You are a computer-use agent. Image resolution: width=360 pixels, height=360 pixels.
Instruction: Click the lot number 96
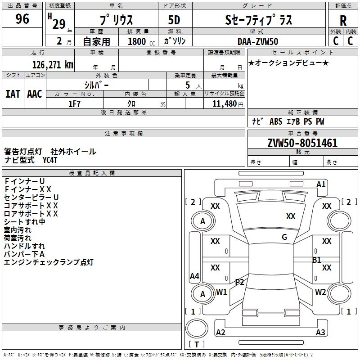click(x=22, y=19)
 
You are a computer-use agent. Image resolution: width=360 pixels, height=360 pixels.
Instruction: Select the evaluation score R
click(x=343, y=21)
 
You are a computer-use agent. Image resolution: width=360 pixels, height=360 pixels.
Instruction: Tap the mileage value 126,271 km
click(x=53, y=65)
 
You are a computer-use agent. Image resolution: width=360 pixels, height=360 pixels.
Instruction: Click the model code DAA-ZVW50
click(x=258, y=41)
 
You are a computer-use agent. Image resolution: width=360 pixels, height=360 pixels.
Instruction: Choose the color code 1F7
click(x=74, y=103)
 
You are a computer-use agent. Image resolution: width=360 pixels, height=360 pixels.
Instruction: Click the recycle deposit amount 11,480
click(x=224, y=104)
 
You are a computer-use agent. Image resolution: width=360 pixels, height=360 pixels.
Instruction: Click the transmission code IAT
click(x=13, y=94)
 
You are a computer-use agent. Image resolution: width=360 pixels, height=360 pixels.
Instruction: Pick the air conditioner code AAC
click(x=34, y=94)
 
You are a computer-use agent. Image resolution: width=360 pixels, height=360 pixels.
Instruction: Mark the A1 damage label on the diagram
click(x=321, y=184)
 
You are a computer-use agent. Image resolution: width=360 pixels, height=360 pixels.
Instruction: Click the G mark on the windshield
click(x=284, y=237)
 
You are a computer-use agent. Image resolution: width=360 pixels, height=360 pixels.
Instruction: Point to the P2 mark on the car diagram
click(x=239, y=282)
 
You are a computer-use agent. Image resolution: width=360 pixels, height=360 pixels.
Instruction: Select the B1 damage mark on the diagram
click(x=317, y=260)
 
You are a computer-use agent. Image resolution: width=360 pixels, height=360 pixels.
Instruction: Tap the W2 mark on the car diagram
click(x=320, y=292)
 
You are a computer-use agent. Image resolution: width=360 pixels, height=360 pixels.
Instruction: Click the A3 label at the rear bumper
click(x=320, y=333)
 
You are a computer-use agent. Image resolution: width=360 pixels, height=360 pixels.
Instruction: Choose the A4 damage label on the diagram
click(x=194, y=276)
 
